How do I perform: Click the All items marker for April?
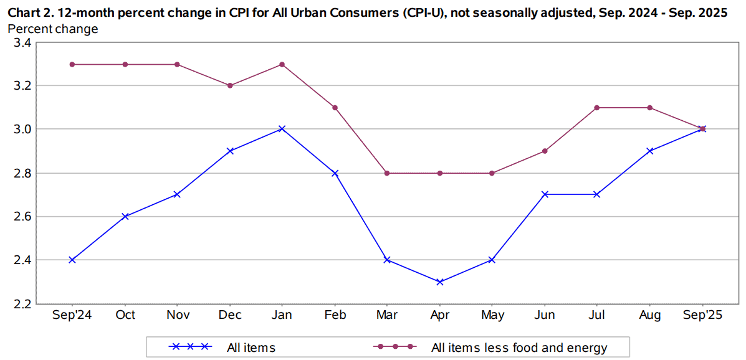[440, 282]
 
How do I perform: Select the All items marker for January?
[282, 129]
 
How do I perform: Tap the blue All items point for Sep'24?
[72, 260]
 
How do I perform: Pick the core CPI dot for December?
[230, 85]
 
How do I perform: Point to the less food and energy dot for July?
[597, 108]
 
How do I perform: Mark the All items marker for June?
[545, 194]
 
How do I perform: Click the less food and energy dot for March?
[387, 173]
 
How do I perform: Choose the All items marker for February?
[335, 173]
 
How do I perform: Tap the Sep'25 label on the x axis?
[702, 316]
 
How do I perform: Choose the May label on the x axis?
[492, 316]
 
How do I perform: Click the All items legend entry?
[251, 348]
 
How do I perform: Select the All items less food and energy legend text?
[519, 348]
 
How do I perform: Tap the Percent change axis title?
[53, 29]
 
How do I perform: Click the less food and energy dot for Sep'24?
[72, 64]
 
